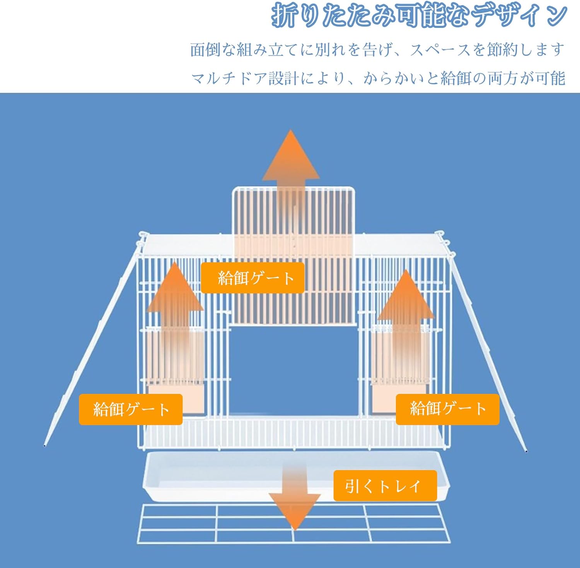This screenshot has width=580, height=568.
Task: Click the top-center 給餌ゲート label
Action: coord(252,277)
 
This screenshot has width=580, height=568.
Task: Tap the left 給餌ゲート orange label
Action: coord(131,409)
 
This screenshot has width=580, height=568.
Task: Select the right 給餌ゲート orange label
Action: coord(447,409)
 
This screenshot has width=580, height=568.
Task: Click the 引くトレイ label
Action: coord(385,486)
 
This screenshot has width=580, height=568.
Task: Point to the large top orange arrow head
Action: coord(291,159)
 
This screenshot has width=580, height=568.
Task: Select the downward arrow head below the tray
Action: coord(295,511)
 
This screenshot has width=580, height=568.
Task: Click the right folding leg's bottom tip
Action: coord(526,450)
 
